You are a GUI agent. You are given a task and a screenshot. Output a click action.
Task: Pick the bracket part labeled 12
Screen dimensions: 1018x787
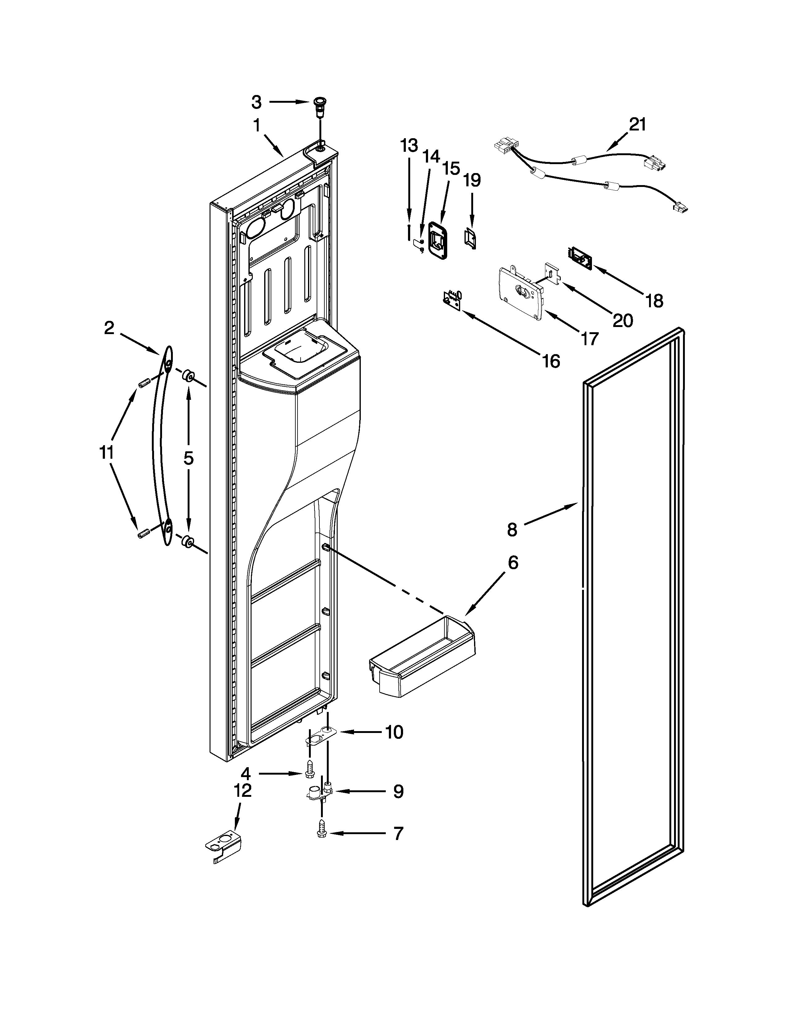coord(224,849)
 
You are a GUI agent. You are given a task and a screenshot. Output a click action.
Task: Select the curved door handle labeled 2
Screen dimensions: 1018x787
coord(160,445)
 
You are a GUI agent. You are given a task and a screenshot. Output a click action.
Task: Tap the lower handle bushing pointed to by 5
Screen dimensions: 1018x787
coord(188,542)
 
